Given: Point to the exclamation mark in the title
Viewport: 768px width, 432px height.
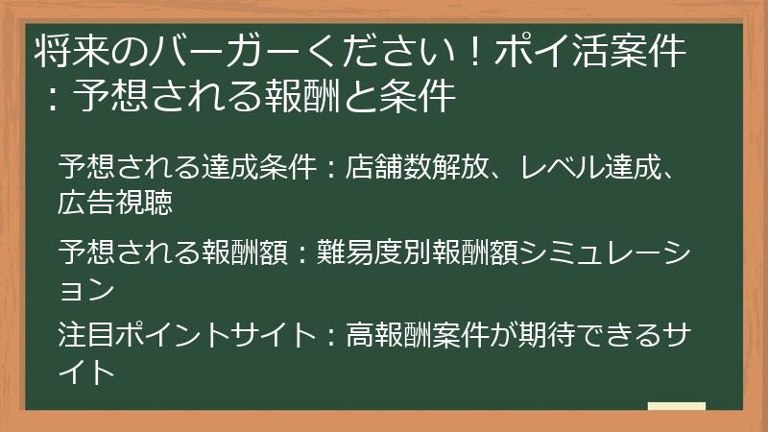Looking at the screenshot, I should pyautogui.click(x=477, y=53).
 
